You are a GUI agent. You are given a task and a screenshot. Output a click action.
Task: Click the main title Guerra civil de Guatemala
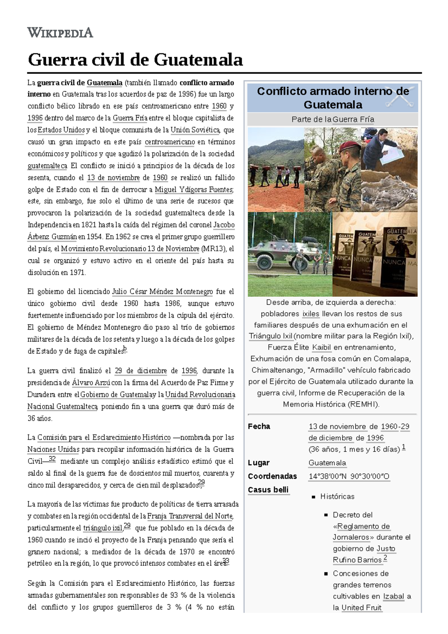point(135,60)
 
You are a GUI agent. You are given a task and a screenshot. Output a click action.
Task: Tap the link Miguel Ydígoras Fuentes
point(194,190)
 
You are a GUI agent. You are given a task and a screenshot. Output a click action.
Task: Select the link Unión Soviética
point(195,130)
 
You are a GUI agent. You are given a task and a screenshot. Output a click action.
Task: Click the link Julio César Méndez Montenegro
point(162,292)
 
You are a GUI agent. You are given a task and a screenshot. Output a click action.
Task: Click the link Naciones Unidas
point(53,450)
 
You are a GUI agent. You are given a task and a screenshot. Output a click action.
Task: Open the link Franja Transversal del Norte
point(190,516)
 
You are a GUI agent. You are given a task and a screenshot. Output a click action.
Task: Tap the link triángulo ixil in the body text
point(103,528)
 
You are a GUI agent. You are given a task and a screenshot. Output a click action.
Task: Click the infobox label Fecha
point(259,426)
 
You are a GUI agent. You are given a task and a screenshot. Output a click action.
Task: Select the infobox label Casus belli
point(268,490)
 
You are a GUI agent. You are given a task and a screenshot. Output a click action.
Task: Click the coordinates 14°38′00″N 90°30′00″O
point(349,476)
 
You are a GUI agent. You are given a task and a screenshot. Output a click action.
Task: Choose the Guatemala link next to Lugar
point(327,463)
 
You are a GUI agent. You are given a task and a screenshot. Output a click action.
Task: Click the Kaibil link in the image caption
point(321,348)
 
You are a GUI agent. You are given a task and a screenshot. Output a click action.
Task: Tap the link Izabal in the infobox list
point(393,596)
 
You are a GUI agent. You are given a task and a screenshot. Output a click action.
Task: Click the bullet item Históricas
point(337,497)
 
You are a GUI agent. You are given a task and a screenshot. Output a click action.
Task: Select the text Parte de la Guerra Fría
point(332,119)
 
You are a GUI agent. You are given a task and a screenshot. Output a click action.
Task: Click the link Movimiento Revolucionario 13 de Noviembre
point(130,249)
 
